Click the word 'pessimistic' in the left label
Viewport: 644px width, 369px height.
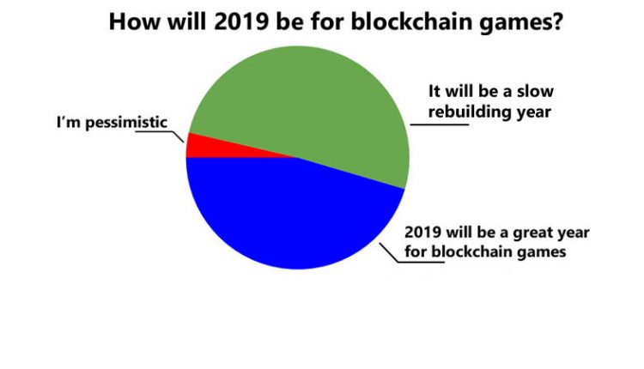tap(126, 123)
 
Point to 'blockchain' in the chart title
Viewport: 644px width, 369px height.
tap(410, 21)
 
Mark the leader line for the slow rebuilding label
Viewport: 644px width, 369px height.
tap(439, 124)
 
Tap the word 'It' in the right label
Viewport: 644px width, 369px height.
tap(434, 91)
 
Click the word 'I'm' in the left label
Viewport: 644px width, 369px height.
tap(68, 122)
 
